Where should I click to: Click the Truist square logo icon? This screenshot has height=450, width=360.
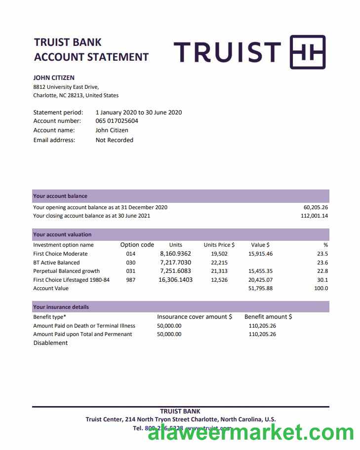click(x=307, y=52)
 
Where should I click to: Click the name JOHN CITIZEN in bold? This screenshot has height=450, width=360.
click(x=54, y=77)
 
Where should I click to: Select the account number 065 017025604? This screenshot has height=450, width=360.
click(x=117, y=121)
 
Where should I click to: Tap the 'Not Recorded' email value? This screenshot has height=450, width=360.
click(x=114, y=140)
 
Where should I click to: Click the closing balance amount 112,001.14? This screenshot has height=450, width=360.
click(x=315, y=216)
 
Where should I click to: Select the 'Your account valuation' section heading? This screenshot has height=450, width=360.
click(x=62, y=235)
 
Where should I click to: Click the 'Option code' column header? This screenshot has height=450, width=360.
click(x=137, y=245)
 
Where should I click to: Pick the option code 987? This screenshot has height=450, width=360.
click(x=130, y=280)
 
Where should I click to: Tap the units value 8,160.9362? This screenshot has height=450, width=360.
click(x=175, y=254)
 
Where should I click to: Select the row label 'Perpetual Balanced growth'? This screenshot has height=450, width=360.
click(x=66, y=271)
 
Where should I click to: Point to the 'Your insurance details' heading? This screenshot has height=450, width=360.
click(x=61, y=307)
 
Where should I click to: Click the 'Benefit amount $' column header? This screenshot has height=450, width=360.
click(x=268, y=317)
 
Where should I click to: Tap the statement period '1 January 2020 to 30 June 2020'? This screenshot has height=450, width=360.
click(x=139, y=112)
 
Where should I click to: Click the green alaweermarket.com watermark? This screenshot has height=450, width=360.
click(x=251, y=433)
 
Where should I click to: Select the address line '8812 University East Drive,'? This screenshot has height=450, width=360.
click(x=66, y=87)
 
